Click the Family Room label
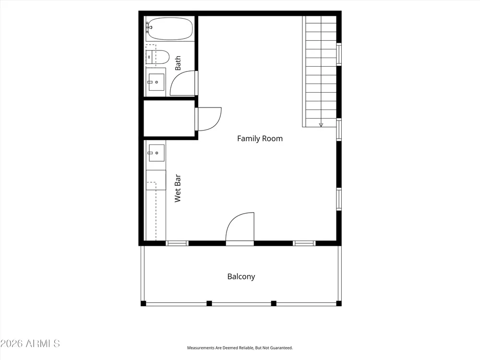tap(260, 139)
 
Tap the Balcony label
tap(241, 277)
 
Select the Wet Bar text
tap(178, 188)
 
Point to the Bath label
tap(178, 63)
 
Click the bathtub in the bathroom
tap(169, 28)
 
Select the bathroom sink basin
tap(156, 82)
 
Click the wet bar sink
tap(156, 153)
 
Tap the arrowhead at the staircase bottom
tap(321, 125)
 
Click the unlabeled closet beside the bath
tap(169, 118)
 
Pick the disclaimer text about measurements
tap(240, 348)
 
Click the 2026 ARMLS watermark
tap(30, 344)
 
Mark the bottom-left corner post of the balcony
tap(143, 303)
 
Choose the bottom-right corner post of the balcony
tap(339, 303)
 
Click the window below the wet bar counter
tap(177, 243)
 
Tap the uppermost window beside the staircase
tap(339, 54)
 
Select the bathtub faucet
tap(148, 27)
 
